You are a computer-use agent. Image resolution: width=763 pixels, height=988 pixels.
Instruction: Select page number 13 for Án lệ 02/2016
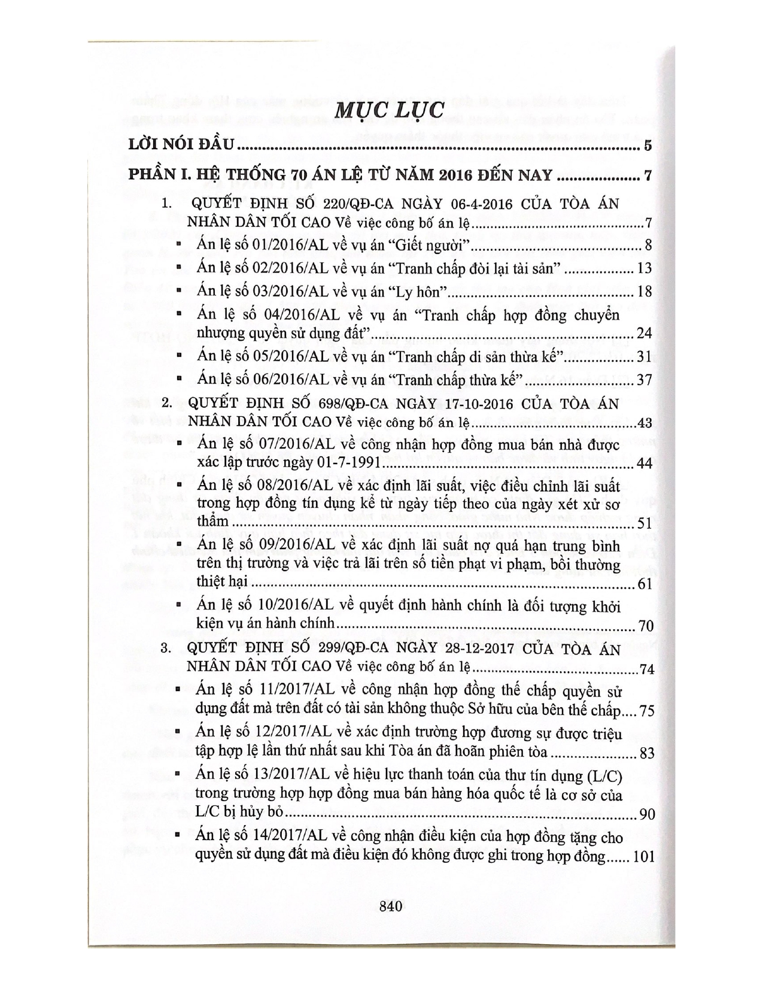coord(643,268)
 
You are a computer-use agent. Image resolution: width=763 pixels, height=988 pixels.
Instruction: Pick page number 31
coord(643,357)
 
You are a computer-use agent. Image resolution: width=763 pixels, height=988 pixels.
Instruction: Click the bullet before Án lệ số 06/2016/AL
coord(179,379)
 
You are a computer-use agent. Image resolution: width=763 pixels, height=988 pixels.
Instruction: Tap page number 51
coord(643,523)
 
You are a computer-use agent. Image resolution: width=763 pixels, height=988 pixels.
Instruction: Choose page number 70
coord(645,626)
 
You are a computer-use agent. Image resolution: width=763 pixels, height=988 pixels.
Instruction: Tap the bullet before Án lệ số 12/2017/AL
coord(179,734)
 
